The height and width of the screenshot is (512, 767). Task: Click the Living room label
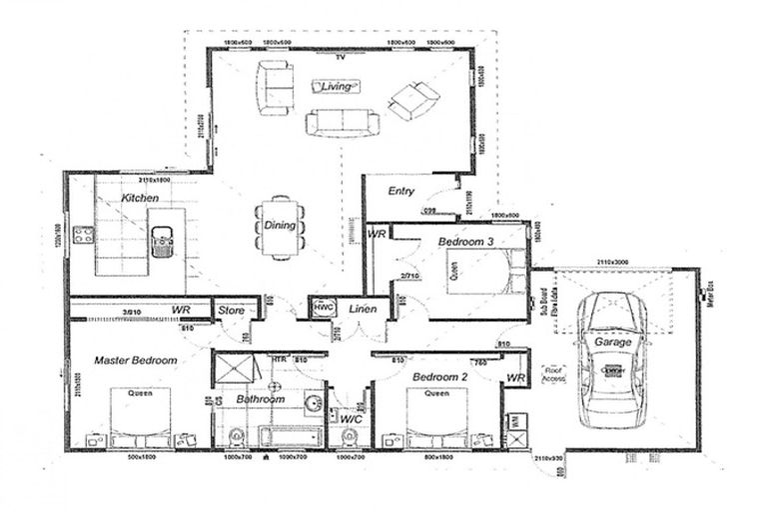(x=338, y=87)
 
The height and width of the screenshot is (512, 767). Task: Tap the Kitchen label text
(x=140, y=199)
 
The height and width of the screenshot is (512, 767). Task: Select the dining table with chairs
(x=281, y=226)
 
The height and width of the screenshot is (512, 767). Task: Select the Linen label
(x=364, y=309)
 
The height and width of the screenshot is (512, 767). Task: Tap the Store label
(x=232, y=310)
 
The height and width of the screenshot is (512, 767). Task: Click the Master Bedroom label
(x=136, y=360)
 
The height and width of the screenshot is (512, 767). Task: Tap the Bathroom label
(x=261, y=399)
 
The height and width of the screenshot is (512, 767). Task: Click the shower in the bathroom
(x=235, y=370)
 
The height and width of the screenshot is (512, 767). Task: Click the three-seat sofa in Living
(x=343, y=122)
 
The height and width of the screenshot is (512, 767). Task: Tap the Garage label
(x=613, y=342)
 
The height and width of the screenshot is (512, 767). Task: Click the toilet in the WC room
(x=351, y=435)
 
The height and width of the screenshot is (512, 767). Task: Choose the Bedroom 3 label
(x=465, y=243)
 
